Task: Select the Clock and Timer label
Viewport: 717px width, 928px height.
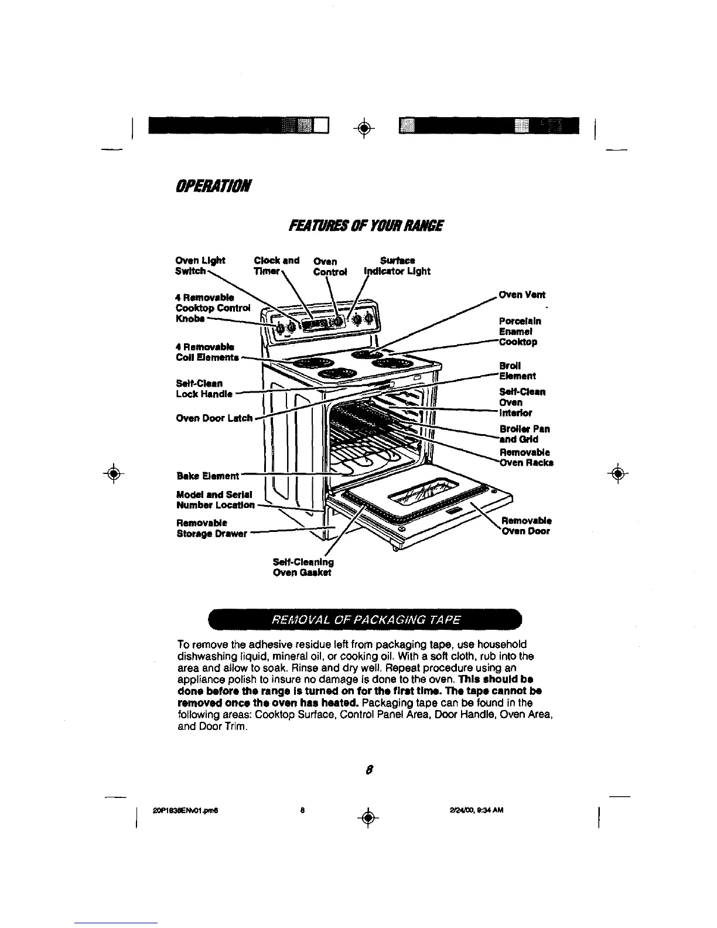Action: [276, 265]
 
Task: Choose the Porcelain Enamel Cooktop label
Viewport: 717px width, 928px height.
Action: [518, 331]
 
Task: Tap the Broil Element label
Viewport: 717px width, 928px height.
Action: [517, 370]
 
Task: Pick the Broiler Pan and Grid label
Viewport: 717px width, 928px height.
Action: [524, 434]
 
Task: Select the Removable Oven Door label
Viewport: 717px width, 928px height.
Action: [525, 526]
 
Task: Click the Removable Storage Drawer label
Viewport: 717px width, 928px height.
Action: [211, 528]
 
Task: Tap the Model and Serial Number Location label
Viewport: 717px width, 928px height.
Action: [215, 499]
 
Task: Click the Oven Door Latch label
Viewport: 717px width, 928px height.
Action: [214, 418]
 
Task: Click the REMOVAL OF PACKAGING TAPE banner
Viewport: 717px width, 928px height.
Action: [364, 620]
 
